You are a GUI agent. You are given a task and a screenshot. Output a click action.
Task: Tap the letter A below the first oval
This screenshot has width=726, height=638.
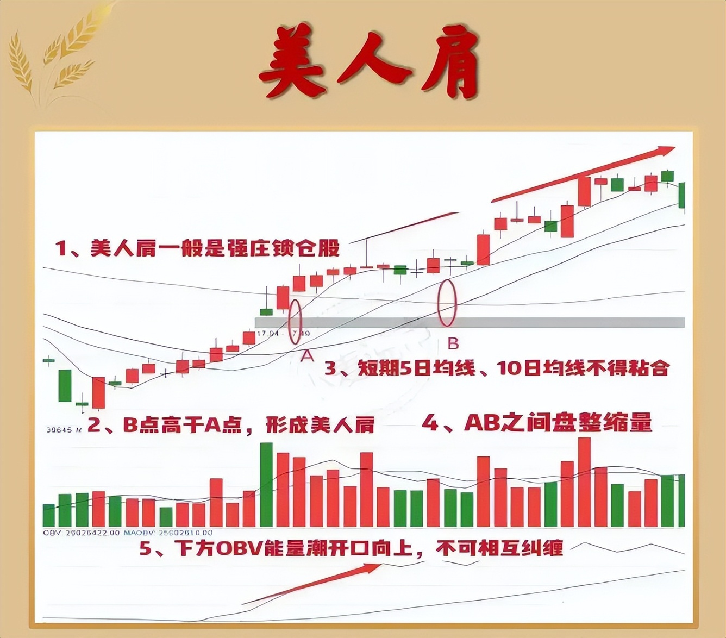pos(308,356)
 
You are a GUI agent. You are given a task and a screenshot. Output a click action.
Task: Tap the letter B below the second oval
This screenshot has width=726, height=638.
pos(453,343)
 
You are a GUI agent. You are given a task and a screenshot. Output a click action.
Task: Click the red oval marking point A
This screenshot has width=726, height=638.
pos(295,322)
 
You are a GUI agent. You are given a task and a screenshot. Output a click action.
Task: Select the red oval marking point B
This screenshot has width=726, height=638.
pos(447,303)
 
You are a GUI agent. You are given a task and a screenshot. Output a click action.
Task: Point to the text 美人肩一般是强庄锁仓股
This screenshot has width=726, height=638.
pos(198,248)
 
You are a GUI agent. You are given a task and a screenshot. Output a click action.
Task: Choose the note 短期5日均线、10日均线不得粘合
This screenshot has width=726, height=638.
pos(497,368)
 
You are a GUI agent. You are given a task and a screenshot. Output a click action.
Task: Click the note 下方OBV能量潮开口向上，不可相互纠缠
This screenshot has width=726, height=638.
pos(351,548)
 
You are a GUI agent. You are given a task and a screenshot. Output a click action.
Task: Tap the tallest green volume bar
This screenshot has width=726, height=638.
pos(266,485)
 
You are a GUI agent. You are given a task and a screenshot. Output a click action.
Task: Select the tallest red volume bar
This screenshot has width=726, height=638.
pos(584,481)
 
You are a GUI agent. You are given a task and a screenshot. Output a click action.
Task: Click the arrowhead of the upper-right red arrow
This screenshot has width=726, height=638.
pos(666,151)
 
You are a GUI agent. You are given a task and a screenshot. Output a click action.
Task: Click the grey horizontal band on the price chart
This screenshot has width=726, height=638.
pos(470,323)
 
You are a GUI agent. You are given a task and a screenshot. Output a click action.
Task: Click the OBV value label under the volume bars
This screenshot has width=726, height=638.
pos(81,533)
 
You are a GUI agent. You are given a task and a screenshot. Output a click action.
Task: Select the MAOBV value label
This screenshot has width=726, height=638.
pos(168,533)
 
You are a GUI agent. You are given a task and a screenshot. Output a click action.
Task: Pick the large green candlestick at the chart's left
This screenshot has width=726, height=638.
pos(65,385)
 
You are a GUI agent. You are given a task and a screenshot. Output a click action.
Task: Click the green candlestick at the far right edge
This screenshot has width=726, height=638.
pos(682,196)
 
